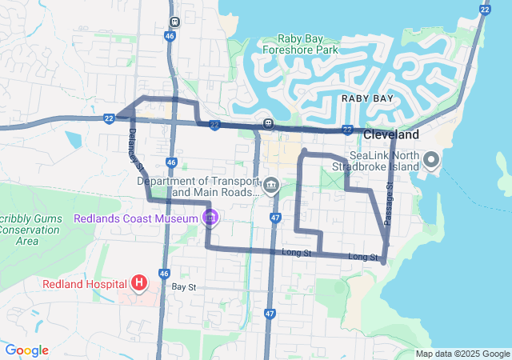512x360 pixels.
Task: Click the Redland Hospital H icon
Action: click(x=139, y=282)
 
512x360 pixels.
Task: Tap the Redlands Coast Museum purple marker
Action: click(x=210, y=218)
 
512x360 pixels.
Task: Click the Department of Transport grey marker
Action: click(x=272, y=187)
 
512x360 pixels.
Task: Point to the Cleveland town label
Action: click(x=391, y=134)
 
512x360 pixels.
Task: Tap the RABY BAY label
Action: click(x=367, y=98)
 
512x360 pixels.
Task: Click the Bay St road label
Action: click(x=183, y=286)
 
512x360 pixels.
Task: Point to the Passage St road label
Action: click(x=389, y=204)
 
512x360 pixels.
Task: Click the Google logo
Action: click(x=26, y=350)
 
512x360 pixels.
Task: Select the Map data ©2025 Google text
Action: click(x=462, y=354)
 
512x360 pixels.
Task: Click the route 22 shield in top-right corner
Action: click(x=485, y=9)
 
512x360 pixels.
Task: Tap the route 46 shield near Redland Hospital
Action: click(x=164, y=274)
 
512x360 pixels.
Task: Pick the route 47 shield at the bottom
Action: click(x=270, y=314)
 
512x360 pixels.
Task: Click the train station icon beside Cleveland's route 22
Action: click(x=268, y=124)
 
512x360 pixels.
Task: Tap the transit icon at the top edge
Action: click(x=174, y=22)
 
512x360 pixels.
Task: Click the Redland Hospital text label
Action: click(x=86, y=283)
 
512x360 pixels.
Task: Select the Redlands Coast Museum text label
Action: click(x=136, y=218)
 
